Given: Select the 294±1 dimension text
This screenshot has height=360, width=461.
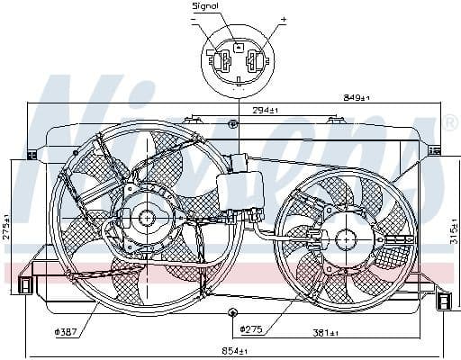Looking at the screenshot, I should click(x=266, y=110).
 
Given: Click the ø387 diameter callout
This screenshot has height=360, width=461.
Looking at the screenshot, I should click(x=65, y=331).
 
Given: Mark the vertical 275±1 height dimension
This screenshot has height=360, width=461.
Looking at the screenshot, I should click(x=6, y=225).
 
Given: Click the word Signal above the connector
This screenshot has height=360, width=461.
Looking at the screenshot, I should click(x=206, y=6).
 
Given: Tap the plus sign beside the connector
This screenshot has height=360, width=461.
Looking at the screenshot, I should click(x=283, y=19).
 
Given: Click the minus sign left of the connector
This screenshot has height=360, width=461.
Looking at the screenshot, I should click(x=195, y=19).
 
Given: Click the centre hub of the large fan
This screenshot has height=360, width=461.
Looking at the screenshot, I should click(x=145, y=218).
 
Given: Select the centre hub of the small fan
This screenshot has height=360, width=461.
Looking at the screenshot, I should click(x=346, y=238).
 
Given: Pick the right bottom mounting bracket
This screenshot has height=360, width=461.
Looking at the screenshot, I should click(x=444, y=301).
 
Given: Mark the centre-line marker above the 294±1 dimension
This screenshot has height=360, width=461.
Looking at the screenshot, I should click(x=232, y=122).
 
